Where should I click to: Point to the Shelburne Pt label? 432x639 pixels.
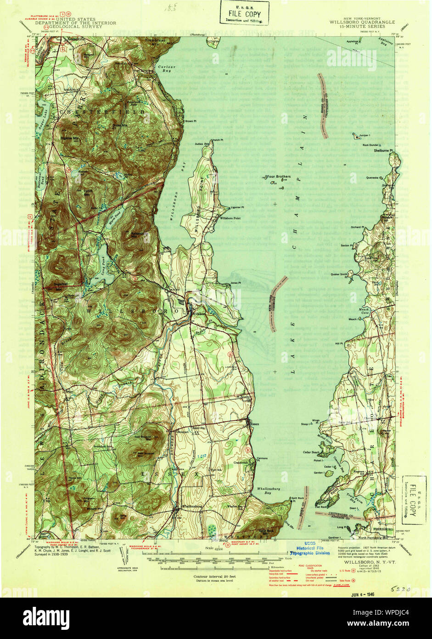383,150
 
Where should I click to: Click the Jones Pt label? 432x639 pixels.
236,283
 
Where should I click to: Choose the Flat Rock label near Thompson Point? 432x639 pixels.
320,508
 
